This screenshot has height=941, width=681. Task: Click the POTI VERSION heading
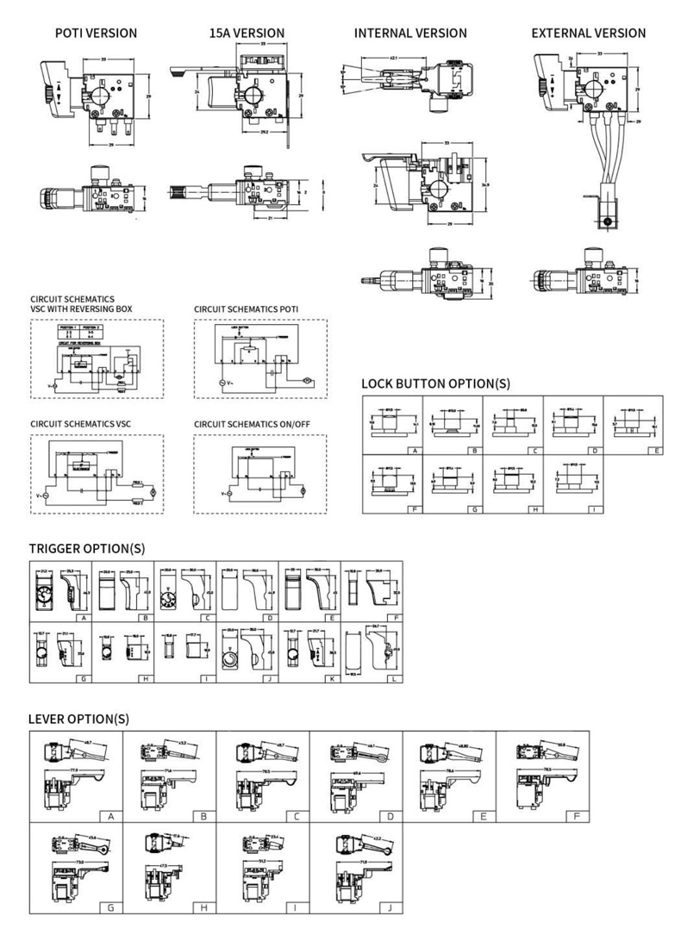(96, 33)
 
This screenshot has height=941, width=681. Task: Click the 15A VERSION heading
(247, 33)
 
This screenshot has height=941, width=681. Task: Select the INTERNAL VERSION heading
(410, 33)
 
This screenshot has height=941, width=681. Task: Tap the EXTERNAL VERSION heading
(588, 33)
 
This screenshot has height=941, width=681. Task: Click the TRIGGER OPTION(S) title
(86, 548)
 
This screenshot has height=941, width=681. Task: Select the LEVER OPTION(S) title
(78, 718)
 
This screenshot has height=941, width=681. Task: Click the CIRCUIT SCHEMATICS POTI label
(247, 308)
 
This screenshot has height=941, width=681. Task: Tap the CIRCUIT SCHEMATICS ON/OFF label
(252, 424)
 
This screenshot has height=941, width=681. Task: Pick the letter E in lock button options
(657, 450)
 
